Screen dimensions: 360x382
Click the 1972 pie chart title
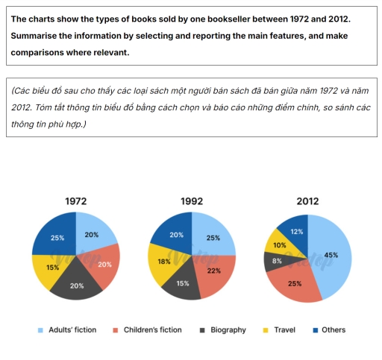75,201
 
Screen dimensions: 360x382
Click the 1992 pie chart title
192,201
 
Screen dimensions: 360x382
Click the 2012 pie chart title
307,201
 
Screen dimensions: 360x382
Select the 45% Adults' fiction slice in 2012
331,255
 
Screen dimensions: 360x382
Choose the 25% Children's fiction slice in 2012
295,282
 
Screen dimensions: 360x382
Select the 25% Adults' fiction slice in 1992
213,237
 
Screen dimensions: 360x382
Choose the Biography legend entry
224,329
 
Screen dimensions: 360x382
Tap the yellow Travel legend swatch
268,329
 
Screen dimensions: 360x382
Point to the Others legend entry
328,329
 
